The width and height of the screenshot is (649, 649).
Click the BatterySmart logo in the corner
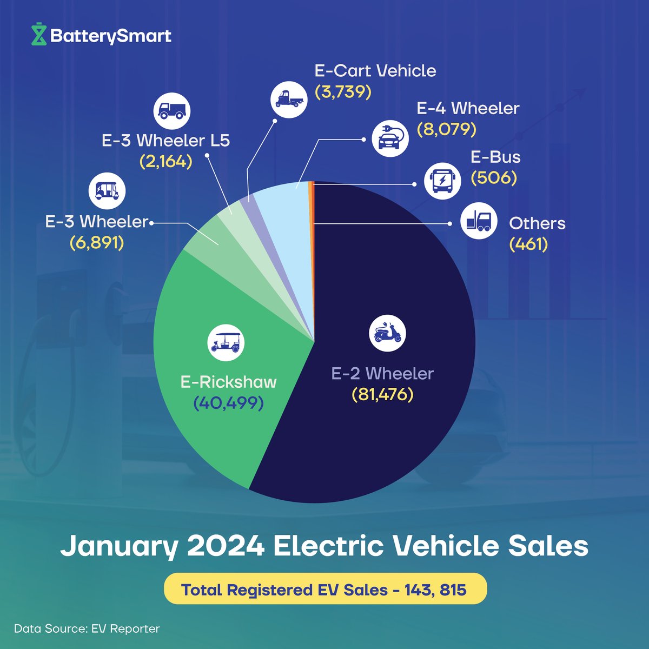coord(102,36)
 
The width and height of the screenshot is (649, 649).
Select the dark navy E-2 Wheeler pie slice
coord(389,433)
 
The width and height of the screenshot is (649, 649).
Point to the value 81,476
coord(382,394)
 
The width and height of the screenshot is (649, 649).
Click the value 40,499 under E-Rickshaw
coord(228,403)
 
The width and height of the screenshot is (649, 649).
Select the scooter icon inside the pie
coord(387,332)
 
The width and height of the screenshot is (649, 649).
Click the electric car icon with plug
coord(390,138)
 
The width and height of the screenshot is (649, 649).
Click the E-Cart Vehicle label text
coord(375,71)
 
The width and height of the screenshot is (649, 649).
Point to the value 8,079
coord(446,129)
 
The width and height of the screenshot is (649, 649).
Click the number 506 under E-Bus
coord(494,178)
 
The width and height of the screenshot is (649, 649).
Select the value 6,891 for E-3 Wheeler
coord(97,243)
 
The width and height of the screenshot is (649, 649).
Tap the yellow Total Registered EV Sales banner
coord(325,588)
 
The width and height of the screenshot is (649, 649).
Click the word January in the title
coord(118,546)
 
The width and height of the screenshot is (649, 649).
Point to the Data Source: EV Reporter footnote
coord(87,628)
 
